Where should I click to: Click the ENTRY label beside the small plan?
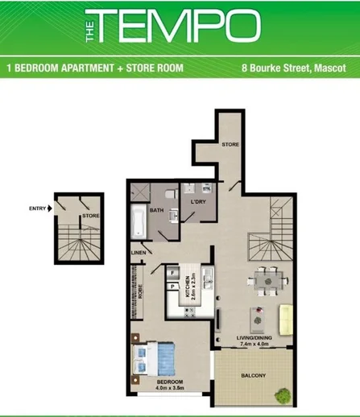[x=37, y=208]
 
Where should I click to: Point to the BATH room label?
[x=156, y=211]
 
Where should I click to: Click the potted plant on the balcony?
[x=283, y=394]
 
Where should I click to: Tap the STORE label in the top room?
[x=230, y=143]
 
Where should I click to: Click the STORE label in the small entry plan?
[x=90, y=215]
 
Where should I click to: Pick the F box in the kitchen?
[x=174, y=274]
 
